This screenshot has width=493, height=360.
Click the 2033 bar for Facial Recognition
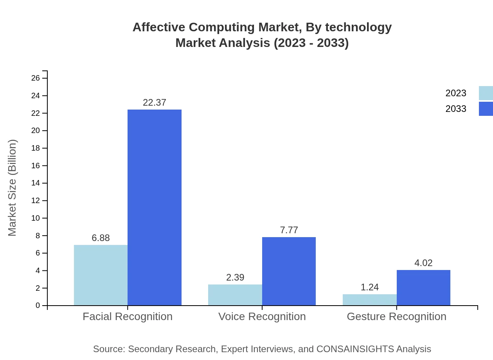click(x=155, y=207)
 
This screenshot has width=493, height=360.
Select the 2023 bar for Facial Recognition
click(x=101, y=275)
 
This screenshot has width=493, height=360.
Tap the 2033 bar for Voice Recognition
click(x=289, y=271)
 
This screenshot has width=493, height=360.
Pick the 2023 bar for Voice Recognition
click(x=235, y=295)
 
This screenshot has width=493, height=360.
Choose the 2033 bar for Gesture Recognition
click(x=423, y=288)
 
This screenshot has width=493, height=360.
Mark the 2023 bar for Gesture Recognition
click(x=370, y=300)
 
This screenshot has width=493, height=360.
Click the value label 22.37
click(x=155, y=103)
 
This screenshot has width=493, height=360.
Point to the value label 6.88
click(x=101, y=238)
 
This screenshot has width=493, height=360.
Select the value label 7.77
click(x=289, y=230)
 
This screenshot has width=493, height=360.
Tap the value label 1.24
click(x=370, y=287)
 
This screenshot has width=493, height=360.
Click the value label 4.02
click(x=423, y=263)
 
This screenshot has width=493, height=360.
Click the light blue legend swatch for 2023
click(x=486, y=93)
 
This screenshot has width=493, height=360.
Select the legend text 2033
click(x=456, y=109)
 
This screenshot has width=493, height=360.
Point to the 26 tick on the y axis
click(x=36, y=78)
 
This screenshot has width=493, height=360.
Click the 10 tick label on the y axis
click(x=36, y=218)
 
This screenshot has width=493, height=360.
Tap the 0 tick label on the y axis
click(x=38, y=305)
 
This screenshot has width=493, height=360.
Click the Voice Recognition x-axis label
click(x=262, y=316)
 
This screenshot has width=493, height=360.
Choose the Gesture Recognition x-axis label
click(x=396, y=316)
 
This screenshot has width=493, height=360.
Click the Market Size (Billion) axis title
click(x=12, y=188)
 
